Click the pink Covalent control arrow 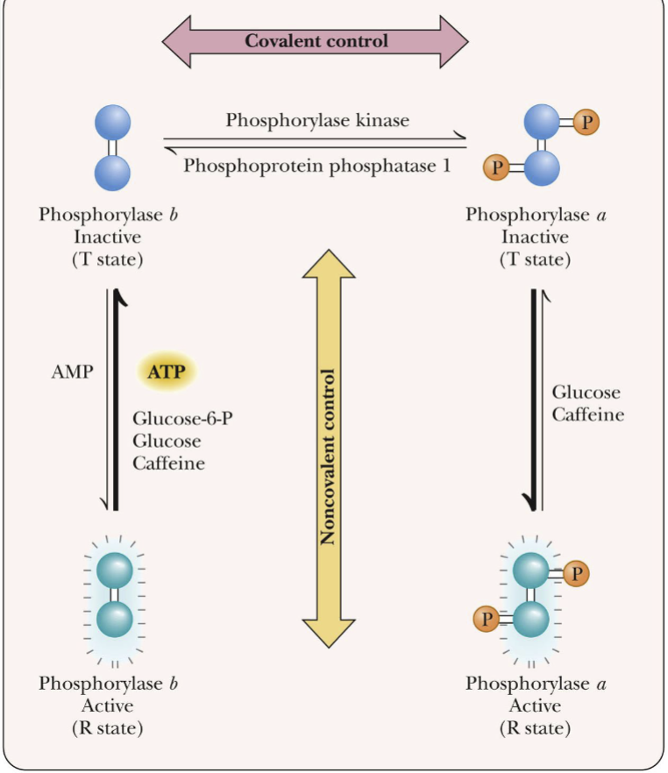[316, 40]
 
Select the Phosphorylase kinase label [317, 120]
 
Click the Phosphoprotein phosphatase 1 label [317, 163]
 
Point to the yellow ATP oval [167, 371]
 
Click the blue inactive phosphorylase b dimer [111, 146]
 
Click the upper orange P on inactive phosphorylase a [586, 123]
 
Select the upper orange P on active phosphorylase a [575, 574]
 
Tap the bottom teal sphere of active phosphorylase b [113, 619]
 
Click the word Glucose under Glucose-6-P [167, 441]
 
